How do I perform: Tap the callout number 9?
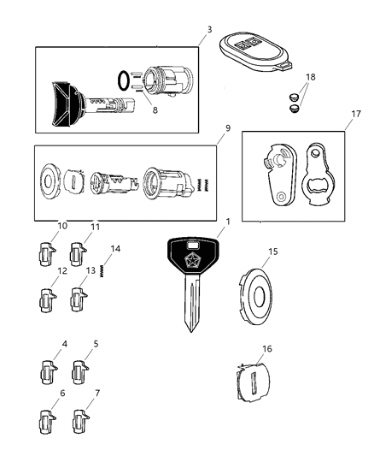pyautogui.click(x=227, y=129)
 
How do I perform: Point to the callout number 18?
pyautogui.click(x=311, y=77)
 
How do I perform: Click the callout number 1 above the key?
pyautogui.click(x=227, y=222)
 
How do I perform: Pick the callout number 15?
pyautogui.click(x=272, y=252)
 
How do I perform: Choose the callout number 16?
pyautogui.click(x=266, y=349)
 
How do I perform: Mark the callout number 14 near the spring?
pyautogui.click(x=116, y=248)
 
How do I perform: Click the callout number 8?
pyautogui.click(x=154, y=110)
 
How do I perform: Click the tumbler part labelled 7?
pyautogui.click(x=82, y=423)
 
